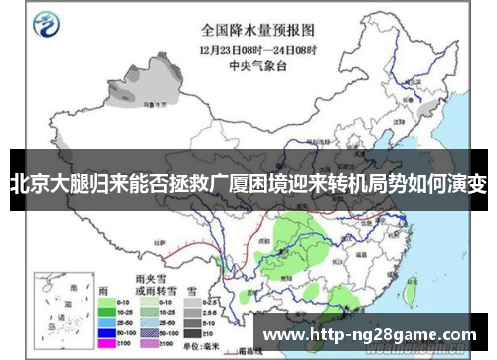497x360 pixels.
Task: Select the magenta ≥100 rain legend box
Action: (105, 343)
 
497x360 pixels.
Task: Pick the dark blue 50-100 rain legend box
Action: (105, 333)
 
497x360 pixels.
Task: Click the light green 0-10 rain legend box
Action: (105, 301)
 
